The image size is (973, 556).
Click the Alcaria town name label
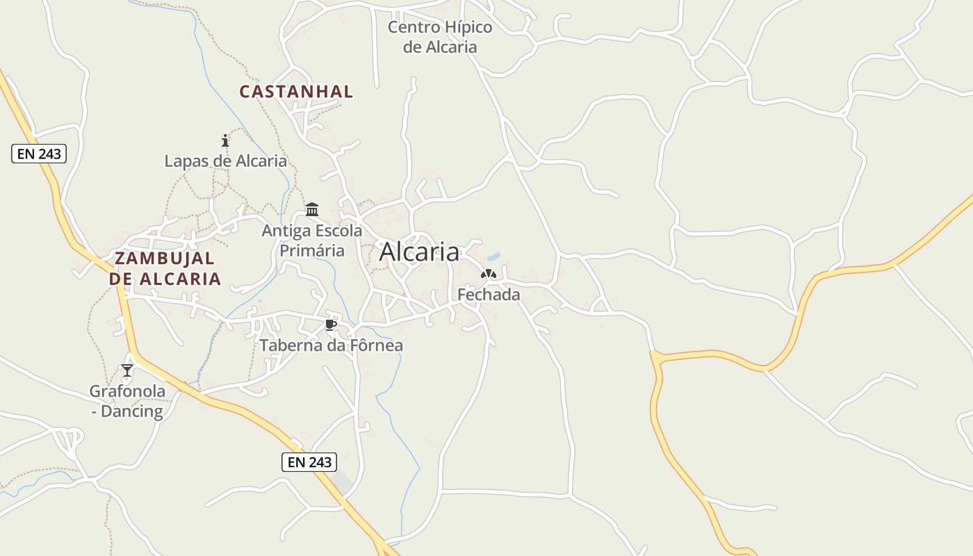tap(419, 252)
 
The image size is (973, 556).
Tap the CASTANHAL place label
tap(296, 91)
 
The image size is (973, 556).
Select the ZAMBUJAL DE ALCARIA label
tap(165, 268)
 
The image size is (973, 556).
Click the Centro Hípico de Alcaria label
tap(440, 37)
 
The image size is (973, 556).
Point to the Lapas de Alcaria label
tap(225, 161)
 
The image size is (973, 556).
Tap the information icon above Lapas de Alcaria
tap(224, 140)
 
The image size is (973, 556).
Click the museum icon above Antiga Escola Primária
tap(312, 209)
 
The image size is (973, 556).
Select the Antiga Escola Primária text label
tap(312, 240)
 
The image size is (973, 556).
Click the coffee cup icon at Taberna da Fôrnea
tap(331, 325)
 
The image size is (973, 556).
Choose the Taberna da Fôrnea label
tap(332, 345)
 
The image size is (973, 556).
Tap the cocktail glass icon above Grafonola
tap(127, 370)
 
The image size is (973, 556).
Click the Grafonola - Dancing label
tap(128, 401)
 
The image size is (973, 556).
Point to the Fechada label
tap(489, 295)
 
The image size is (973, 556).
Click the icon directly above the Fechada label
tap(489, 274)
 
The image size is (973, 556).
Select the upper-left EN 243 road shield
tap(39, 154)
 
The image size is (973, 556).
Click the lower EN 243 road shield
tap(309, 461)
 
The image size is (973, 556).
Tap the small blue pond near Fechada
tap(493, 256)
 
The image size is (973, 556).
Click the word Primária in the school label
tap(312, 250)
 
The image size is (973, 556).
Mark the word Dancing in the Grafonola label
tap(132, 411)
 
